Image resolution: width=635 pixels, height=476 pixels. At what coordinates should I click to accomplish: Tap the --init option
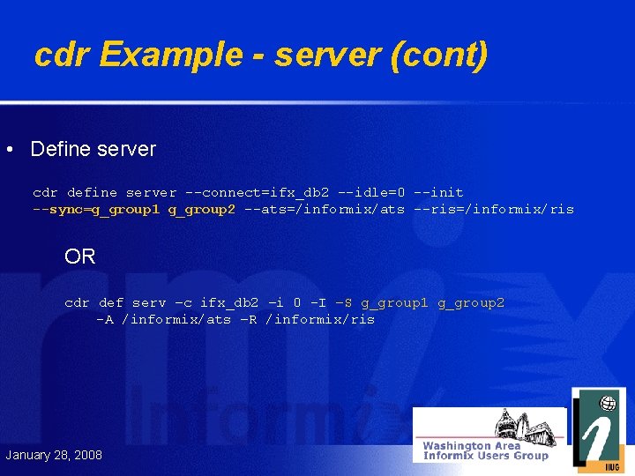point(439,192)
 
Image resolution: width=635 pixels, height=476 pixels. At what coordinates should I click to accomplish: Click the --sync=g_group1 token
point(96,209)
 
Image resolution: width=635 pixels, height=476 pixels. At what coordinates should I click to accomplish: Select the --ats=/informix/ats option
point(325,209)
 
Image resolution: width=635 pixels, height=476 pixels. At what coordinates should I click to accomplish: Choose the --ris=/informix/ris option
point(494,209)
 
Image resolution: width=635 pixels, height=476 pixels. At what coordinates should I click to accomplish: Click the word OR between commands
point(80,257)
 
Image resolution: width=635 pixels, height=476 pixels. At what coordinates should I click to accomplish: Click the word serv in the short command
point(149,302)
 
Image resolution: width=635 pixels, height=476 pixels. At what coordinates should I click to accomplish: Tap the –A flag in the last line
point(105,319)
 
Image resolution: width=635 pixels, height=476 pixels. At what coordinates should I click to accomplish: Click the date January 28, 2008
point(54,455)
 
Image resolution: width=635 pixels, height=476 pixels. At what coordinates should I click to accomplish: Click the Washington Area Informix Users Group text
point(484,450)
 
